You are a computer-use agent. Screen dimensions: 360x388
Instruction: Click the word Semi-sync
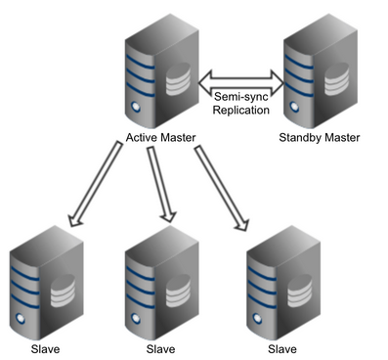(x=239, y=94)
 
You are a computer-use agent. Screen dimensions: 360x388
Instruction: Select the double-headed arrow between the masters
(x=239, y=76)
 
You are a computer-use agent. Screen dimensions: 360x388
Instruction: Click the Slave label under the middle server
(x=161, y=349)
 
